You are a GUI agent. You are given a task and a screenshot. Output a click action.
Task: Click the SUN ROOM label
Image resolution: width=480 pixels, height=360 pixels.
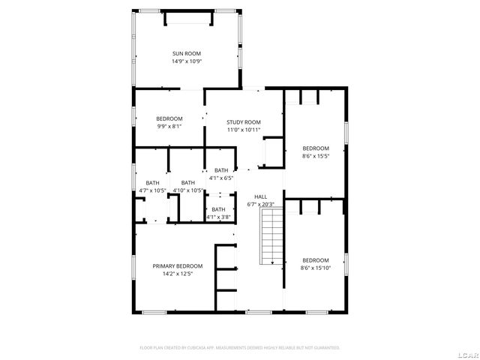pyautogui.click(x=187, y=53)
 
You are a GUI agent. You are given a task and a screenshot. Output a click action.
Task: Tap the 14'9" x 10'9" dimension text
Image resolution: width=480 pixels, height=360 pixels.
pyautogui.click(x=187, y=61)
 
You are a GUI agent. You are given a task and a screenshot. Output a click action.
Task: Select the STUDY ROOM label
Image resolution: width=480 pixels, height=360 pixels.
pyautogui.click(x=244, y=122)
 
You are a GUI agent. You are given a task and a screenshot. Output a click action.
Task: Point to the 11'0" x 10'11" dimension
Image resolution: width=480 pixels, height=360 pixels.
pyautogui.click(x=244, y=130)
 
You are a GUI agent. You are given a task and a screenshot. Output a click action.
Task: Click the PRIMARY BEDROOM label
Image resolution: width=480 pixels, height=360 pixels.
pyautogui.click(x=178, y=266)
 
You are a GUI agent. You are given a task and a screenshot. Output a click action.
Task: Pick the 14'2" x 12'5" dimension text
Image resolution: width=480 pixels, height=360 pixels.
pyautogui.click(x=178, y=274)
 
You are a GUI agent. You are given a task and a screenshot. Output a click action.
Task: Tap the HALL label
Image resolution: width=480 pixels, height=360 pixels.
pyautogui.click(x=261, y=196)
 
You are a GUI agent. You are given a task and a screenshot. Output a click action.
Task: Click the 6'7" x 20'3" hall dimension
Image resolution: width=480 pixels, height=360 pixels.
pyautogui.click(x=261, y=204)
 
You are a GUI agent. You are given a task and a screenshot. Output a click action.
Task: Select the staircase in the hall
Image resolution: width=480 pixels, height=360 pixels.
pyautogui.click(x=270, y=236)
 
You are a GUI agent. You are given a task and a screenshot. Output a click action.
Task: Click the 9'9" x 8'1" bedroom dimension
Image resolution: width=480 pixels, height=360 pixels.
pyautogui.click(x=169, y=127)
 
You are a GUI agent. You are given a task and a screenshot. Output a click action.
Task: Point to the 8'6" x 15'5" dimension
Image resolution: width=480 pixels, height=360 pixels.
pyautogui.click(x=316, y=156)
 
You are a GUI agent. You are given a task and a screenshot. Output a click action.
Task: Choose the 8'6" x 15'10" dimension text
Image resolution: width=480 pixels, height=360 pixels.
pyautogui.click(x=316, y=268)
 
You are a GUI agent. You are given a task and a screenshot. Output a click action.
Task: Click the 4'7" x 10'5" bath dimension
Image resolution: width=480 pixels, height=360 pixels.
pyautogui.click(x=152, y=190)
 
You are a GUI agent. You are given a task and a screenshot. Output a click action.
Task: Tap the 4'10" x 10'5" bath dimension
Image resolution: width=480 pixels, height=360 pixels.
pyautogui.click(x=187, y=190)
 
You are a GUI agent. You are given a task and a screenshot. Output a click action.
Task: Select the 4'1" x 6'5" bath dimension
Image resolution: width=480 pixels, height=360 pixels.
pyautogui.click(x=221, y=178)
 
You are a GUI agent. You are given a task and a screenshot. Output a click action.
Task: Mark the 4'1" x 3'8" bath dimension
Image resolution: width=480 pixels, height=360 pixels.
pyautogui.click(x=218, y=217)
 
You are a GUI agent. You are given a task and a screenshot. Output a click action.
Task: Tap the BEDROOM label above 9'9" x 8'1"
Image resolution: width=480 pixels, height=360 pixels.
pyautogui.click(x=169, y=118)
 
